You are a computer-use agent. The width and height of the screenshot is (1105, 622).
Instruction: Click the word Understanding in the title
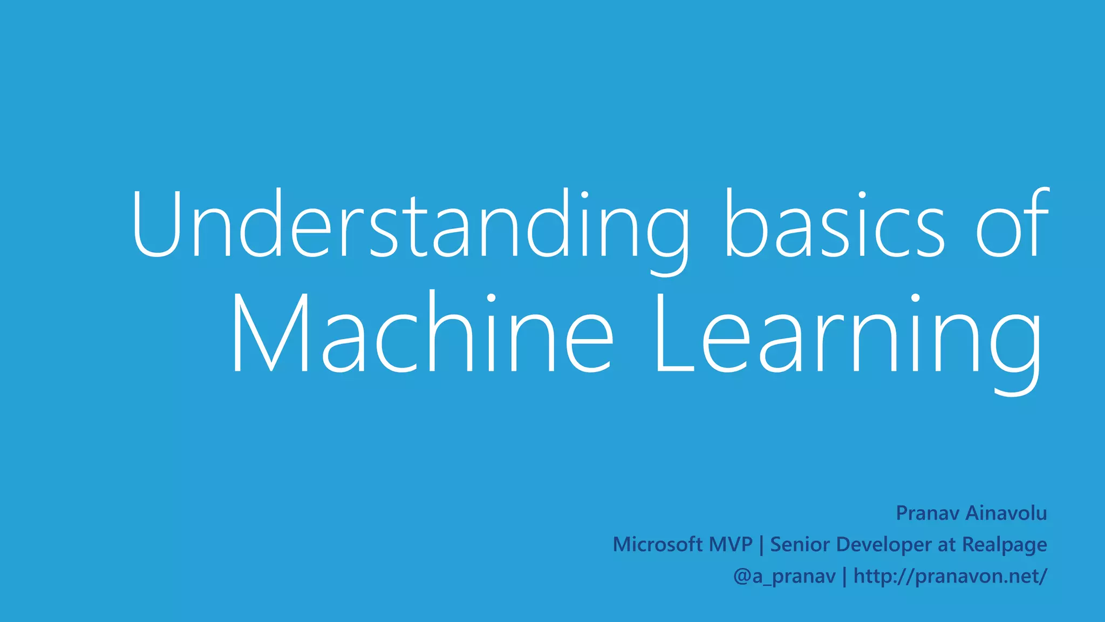(410, 224)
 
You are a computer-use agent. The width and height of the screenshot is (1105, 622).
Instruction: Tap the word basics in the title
(834, 224)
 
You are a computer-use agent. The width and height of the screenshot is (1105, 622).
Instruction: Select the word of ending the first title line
(1012, 224)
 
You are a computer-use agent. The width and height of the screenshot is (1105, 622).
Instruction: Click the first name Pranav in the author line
(927, 513)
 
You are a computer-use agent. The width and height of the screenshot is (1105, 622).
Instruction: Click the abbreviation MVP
(731, 544)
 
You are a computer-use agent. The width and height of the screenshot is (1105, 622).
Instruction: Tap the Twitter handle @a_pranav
(784, 577)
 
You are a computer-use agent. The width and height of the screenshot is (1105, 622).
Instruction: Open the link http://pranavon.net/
(950, 576)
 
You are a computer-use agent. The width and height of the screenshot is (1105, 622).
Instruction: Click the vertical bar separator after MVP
(761, 545)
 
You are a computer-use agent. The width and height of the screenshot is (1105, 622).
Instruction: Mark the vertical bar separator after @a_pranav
(845, 577)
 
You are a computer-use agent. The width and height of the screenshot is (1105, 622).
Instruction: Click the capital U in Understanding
(155, 224)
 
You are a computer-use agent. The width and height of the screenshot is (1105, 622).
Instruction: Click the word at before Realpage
(947, 545)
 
